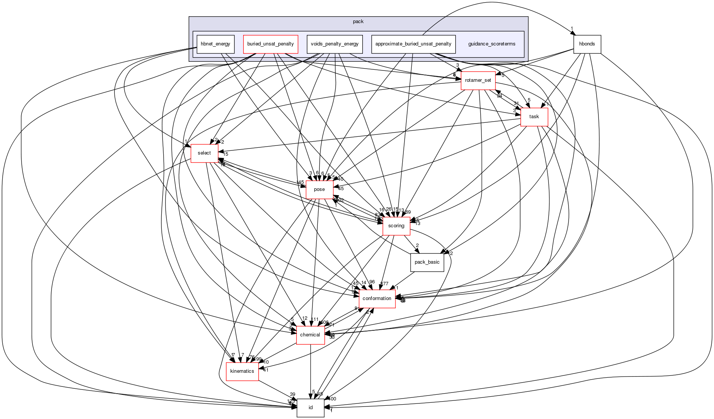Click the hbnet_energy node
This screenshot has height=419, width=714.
tap(216, 44)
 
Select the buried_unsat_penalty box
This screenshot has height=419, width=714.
tap(270, 44)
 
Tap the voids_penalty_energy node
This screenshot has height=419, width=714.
tap(334, 44)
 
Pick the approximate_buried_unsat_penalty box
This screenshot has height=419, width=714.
tap(413, 44)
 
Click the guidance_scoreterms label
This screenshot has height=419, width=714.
tap(492, 44)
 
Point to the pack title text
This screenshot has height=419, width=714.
tap(358, 22)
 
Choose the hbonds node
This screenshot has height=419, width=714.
tap(587, 44)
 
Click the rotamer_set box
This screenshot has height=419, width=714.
tap(478, 80)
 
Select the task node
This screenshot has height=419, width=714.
tap(534, 117)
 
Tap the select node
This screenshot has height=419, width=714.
tap(204, 153)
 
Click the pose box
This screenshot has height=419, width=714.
tap(319, 189)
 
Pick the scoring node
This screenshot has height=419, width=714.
tap(396, 226)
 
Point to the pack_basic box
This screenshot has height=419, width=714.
tap(427, 262)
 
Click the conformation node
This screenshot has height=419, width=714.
tap(377, 299)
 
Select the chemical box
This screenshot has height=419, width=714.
tap(310, 335)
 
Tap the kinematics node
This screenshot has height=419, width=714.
tap(242, 371)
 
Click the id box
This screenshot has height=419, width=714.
tap(311, 408)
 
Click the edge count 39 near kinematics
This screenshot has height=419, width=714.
tap(292, 394)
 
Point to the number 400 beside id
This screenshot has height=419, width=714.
tap(332, 399)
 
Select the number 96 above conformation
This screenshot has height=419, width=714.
tap(372, 282)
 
